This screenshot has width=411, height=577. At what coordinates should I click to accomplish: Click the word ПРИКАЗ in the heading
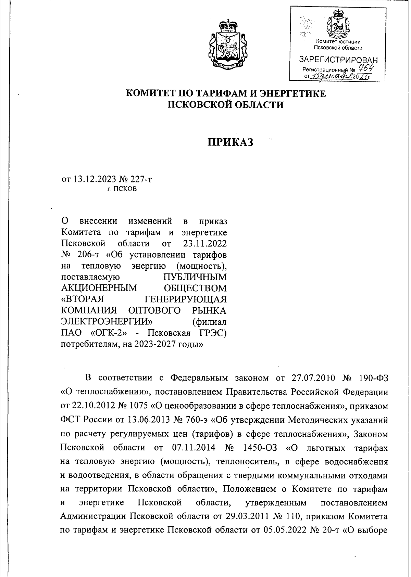coord(231,142)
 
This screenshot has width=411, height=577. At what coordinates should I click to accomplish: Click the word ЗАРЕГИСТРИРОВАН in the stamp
coord(338,60)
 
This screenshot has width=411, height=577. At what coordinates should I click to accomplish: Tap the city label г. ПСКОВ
coord(122,189)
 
